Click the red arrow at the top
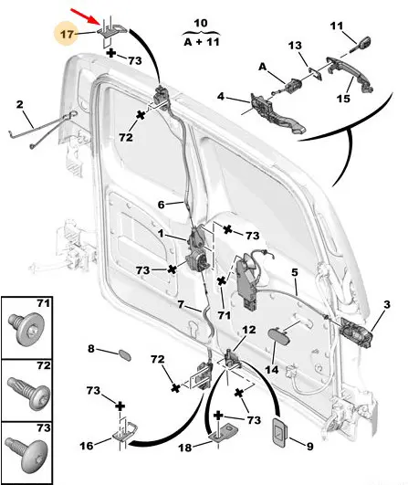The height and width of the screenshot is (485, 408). click(85, 16)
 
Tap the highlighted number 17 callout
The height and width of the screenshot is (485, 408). click(66, 34)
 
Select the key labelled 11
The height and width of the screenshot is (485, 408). click(361, 45)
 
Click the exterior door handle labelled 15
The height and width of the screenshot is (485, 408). click(350, 74)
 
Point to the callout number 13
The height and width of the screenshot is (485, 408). click(295, 46)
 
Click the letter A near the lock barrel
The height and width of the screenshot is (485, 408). click(263, 66)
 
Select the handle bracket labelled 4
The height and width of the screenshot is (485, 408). click(277, 113)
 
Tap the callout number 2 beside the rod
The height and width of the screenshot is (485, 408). click(19, 104)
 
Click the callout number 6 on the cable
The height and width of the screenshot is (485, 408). click(161, 205)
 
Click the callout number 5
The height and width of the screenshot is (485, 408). click(295, 272)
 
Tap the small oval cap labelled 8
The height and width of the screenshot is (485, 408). click(125, 355)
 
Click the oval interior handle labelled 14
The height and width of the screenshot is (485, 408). click(279, 336)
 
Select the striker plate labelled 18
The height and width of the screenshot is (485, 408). click(224, 432)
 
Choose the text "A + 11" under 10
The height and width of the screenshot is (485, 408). click(202, 42)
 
